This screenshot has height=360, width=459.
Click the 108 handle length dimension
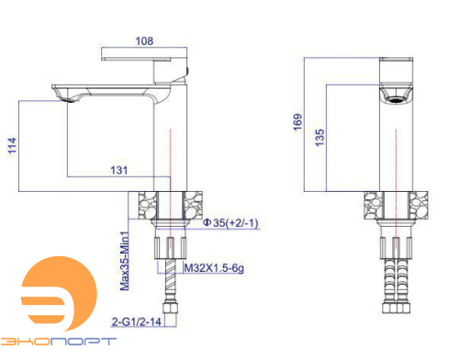click(x=144, y=41)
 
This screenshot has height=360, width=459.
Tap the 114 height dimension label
click(x=12, y=145)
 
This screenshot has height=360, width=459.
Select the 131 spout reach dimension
click(x=119, y=170)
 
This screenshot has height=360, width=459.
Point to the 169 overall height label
click(x=297, y=122)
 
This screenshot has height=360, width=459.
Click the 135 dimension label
click(x=319, y=138)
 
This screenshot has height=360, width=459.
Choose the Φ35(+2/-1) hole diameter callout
click(x=230, y=222)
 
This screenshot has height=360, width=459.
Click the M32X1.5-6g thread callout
click(x=214, y=268)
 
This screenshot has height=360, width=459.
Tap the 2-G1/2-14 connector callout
click(x=137, y=321)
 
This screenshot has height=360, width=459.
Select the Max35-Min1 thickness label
click(x=125, y=261)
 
